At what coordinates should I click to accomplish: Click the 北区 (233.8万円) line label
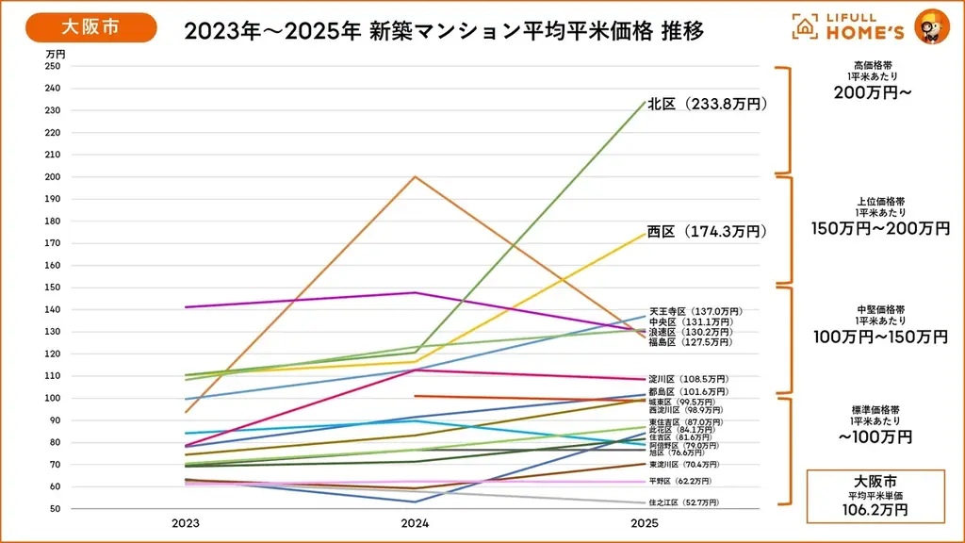click(708, 104)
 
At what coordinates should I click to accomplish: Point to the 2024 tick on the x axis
click(416, 522)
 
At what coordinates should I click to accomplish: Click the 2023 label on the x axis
click(186, 522)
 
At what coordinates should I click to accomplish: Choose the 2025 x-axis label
click(645, 522)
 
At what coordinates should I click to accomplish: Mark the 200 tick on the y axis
click(52, 177)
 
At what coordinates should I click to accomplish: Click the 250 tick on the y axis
click(52, 66)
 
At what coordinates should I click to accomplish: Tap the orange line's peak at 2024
click(416, 176)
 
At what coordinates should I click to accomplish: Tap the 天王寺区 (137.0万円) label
click(695, 311)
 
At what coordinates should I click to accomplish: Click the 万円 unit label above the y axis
click(55, 54)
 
